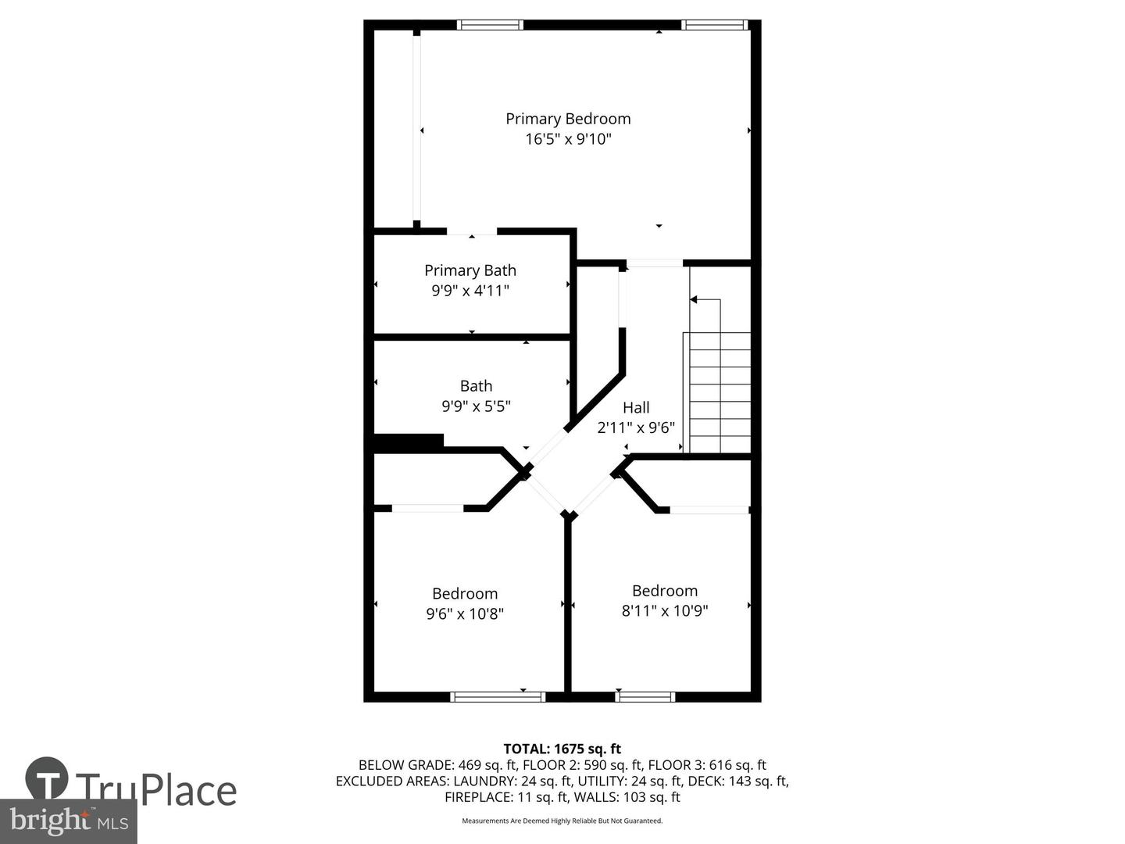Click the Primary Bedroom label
coord(568,119)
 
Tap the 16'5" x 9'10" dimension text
coord(568,139)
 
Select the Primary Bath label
coord(470,270)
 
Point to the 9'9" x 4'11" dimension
coord(470,291)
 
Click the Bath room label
coord(476,386)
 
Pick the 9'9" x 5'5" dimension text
coord(476,406)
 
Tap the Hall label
coord(636,407)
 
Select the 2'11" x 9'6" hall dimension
coord(636,427)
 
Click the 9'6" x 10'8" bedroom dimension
coord(465,614)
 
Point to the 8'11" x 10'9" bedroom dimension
coord(665,611)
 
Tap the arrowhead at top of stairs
coord(693,299)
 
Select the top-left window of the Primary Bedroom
coord(490,25)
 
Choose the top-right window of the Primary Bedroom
coord(714,25)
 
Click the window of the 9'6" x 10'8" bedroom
coord(498,696)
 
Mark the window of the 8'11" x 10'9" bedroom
coord(645,696)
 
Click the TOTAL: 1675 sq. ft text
coord(562,749)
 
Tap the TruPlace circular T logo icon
coord(47,778)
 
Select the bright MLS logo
coord(69,821)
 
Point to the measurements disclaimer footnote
coord(562,821)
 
